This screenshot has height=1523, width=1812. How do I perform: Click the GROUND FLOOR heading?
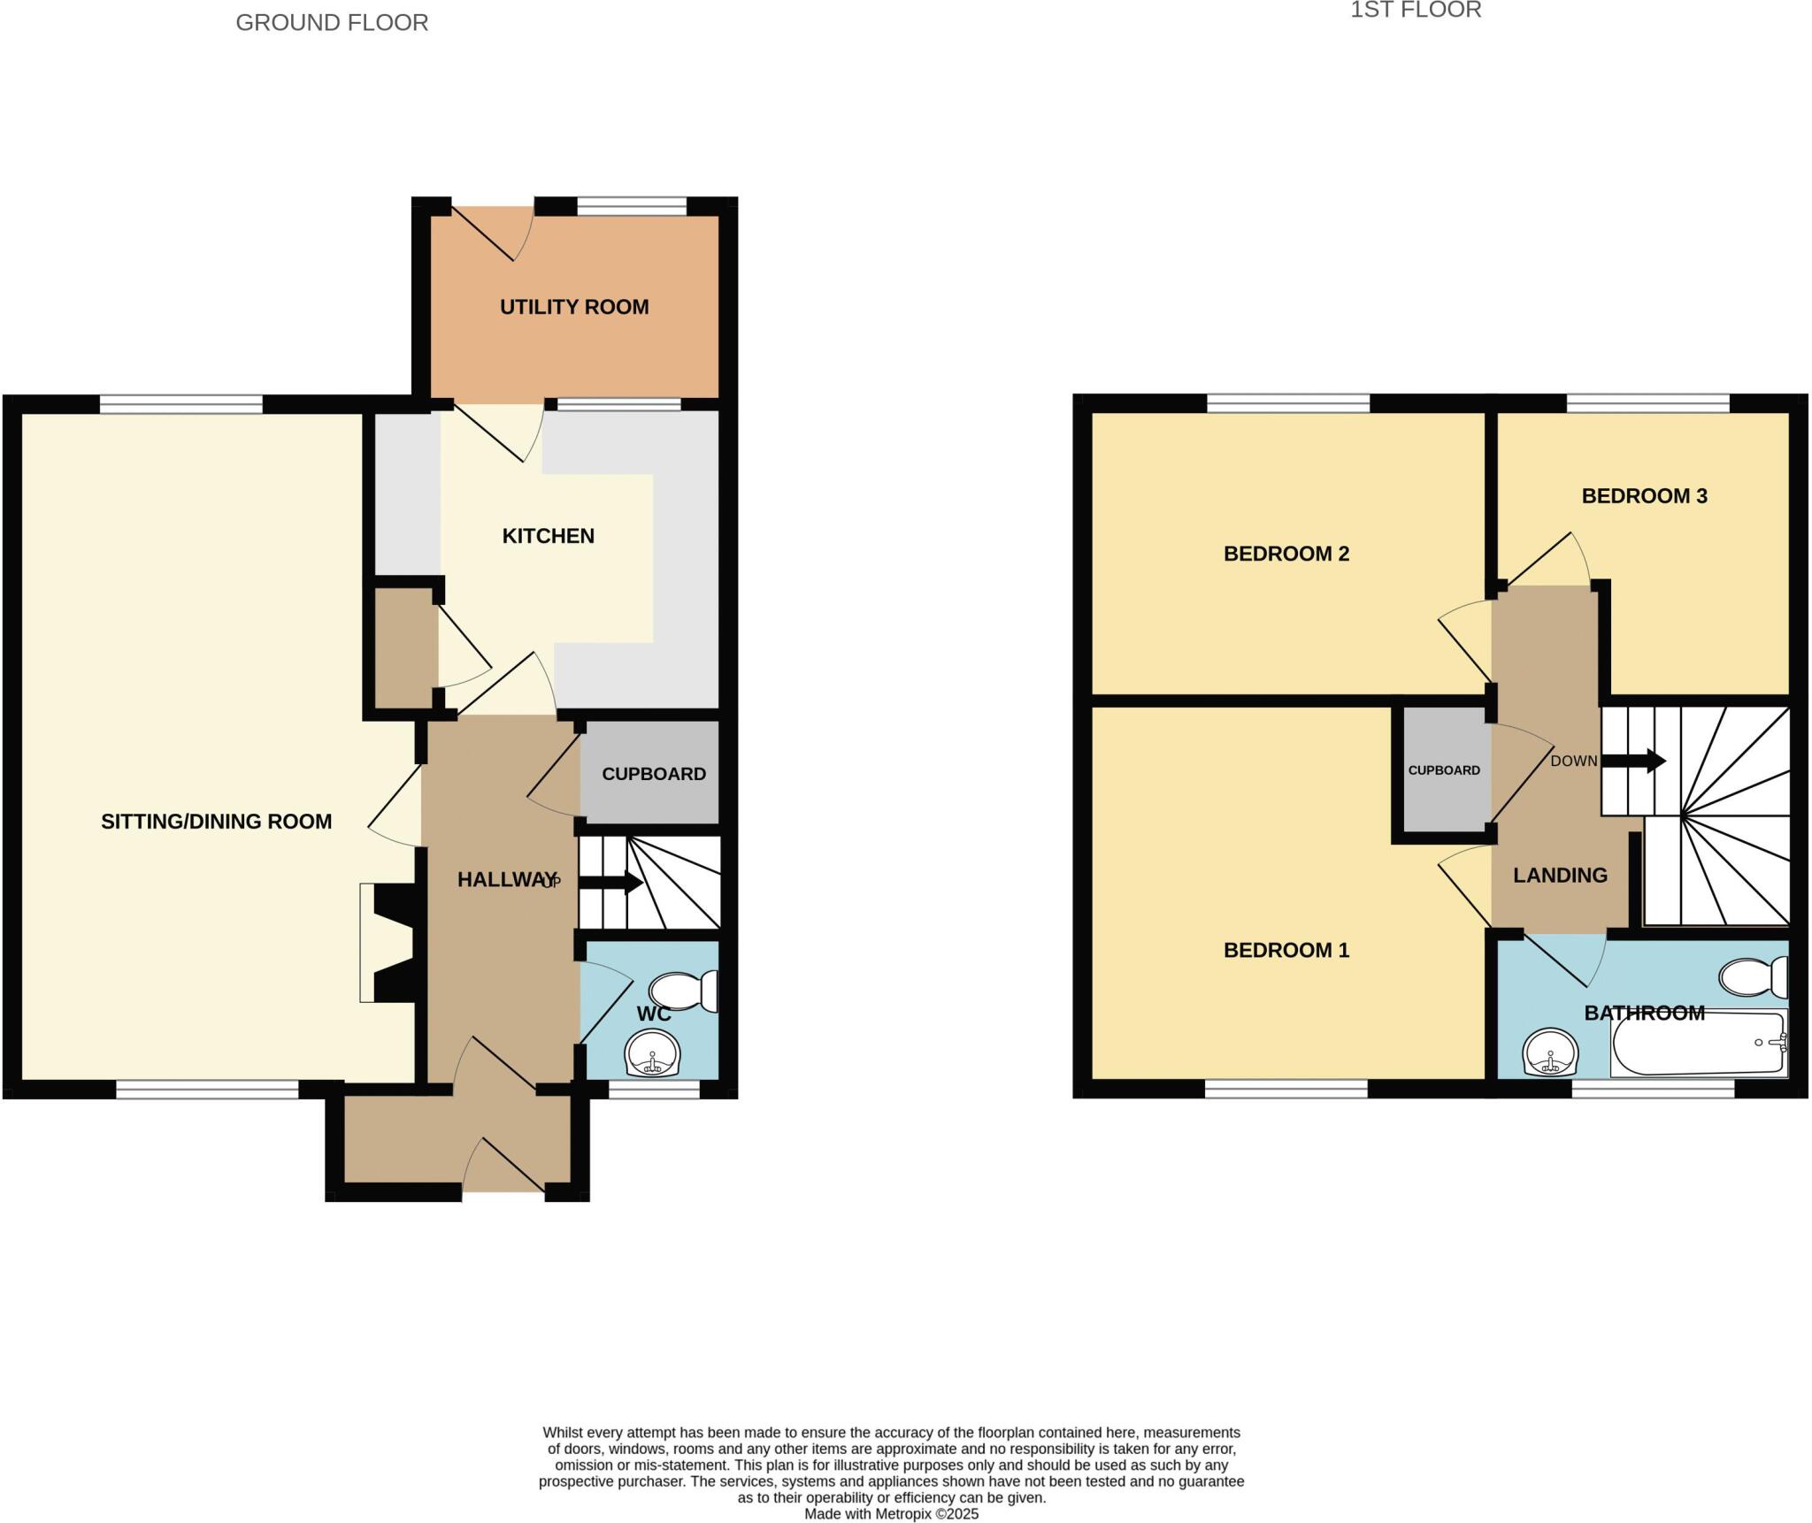point(332,23)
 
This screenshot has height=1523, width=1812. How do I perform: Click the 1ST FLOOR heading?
point(1415,11)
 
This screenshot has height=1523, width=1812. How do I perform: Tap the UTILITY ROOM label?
point(574,307)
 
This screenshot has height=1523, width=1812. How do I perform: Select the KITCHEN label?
point(548,536)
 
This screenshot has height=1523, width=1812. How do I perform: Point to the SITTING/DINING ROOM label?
point(216,822)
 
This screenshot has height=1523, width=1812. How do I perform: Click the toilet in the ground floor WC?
point(685,991)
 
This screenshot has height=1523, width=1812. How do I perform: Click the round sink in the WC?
point(653,1055)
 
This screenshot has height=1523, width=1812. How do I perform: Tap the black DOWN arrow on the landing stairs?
point(1633,761)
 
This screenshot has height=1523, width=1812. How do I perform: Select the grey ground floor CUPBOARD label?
point(653,774)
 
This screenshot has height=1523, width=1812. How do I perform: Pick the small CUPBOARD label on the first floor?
point(1444,770)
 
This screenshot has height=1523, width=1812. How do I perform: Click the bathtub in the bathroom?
point(1697,1045)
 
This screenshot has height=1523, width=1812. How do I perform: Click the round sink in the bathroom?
point(1550,1052)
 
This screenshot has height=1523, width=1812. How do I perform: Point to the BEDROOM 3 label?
point(1644,496)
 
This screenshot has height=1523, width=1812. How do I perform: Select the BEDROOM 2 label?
point(1286,554)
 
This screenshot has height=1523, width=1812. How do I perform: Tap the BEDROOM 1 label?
point(1286,950)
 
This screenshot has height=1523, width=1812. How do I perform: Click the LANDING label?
point(1559,876)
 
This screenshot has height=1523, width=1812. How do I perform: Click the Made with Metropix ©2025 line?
point(891,1513)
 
